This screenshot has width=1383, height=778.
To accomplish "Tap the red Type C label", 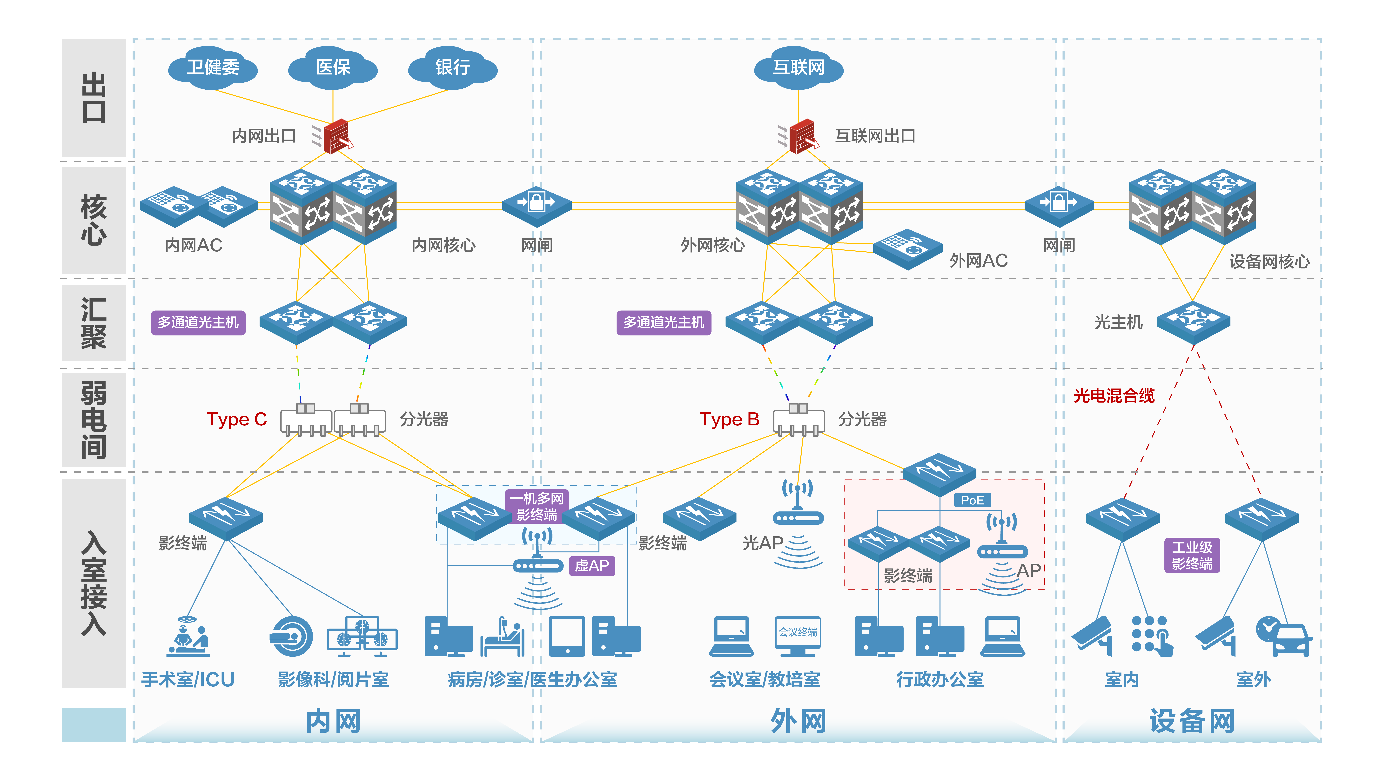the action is [237, 419].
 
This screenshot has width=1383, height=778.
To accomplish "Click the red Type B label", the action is [729, 419].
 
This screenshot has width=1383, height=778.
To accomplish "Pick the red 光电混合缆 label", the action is [1114, 396].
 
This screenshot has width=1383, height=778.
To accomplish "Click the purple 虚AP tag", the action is [592, 565].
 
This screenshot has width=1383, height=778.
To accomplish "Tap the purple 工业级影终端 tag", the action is [1192, 555].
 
